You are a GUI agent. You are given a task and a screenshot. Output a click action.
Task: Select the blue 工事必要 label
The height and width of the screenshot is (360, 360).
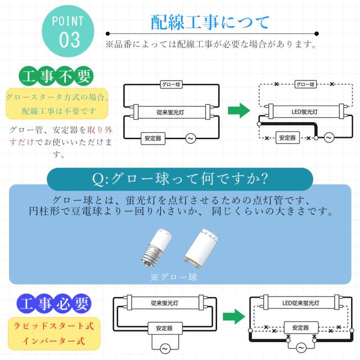tap(54, 304)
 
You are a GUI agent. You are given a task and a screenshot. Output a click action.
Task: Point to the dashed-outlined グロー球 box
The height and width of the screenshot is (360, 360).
tap(304, 84)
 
